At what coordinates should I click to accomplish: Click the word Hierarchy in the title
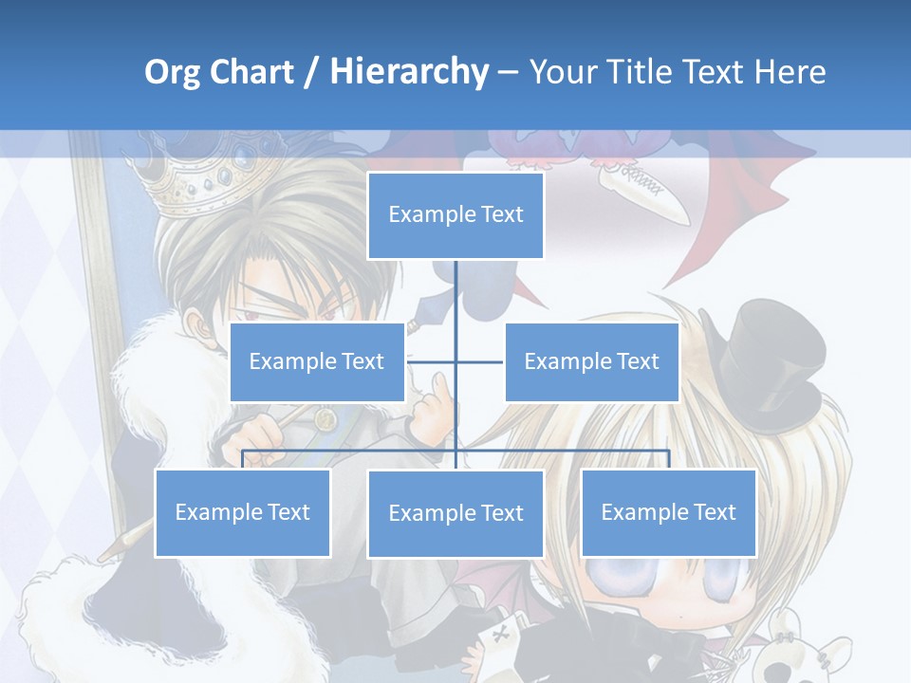coord(408,72)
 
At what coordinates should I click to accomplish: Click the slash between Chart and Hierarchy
coord(309,73)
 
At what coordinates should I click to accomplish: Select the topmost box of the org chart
coord(455,215)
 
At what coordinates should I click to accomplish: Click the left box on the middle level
coord(317,361)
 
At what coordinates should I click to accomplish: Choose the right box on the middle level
coord(591,361)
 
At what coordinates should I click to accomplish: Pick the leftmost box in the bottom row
coord(242,512)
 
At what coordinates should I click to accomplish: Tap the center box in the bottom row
coord(455,513)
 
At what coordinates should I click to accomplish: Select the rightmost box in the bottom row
coord(668,512)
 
